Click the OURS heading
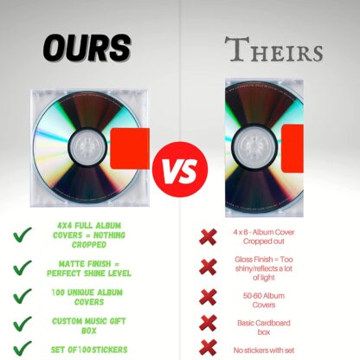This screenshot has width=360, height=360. tap(87, 48)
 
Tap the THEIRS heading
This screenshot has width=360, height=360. tap(273, 49)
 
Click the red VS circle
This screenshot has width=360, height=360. tap(180, 170)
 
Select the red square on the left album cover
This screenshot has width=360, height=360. tap(130, 149)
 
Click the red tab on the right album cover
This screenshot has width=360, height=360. tap(292, 149)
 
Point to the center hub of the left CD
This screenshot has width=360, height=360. tap(87, 147)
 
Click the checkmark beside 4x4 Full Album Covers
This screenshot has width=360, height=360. tap(22, 235)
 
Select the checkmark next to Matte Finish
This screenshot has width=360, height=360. tap(22, 267)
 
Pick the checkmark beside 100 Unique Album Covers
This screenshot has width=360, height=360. tap(22, 296)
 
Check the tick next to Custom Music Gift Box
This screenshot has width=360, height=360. tap(22, 324)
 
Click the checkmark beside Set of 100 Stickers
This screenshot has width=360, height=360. tap(22, 348)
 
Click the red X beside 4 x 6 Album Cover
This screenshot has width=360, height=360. tap(208, 237)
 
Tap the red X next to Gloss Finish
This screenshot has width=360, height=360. tap(208, 267)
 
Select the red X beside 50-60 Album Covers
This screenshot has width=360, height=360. tap(208, 297)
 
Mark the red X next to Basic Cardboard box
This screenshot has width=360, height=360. tap(208, 323)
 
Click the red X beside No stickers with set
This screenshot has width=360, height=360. tap(208, 347)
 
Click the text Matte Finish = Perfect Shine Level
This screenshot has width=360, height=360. tap(89, 268)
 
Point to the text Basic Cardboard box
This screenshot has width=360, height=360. tap(264, 327)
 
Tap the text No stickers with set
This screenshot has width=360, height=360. tap(264, 350)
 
